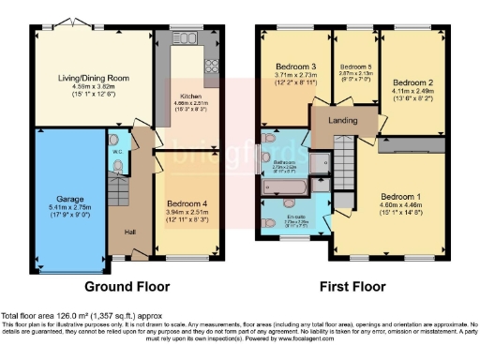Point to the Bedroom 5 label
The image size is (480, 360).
click(355, 67)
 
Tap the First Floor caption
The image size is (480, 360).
click(355, 285)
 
